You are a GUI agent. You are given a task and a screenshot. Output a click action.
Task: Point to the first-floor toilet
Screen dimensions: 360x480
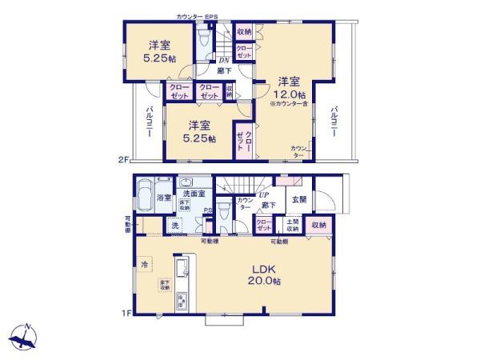point(224,211)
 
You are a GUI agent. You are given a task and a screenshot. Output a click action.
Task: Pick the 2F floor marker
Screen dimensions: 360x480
point(124,160)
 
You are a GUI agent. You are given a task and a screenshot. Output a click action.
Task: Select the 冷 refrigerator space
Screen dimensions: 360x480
point(145,264)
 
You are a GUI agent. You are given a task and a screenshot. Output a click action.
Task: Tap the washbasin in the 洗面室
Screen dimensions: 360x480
point(186,182)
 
